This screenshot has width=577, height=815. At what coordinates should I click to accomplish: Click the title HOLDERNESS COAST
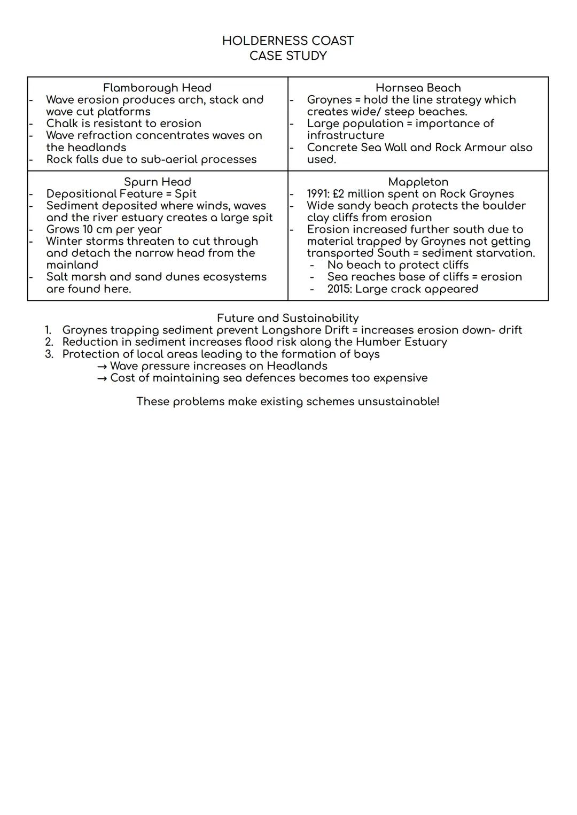click(x=288, y=41)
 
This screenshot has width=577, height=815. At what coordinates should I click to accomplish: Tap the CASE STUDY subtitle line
click(x=288, y=56)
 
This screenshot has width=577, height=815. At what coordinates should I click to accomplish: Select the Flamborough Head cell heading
click(x=157, y=88)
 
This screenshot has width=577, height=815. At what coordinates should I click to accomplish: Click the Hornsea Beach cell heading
click(x=418, y=88)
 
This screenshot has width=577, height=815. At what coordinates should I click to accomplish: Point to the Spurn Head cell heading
click(x=157, y=182)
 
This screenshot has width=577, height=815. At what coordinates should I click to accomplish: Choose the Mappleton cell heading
click(x=418, y=182)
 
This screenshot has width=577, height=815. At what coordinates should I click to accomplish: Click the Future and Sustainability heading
click(x=287, y=319)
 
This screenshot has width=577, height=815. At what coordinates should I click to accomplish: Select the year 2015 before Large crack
click(x=339, y=289)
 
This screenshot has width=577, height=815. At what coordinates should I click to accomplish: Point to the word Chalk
click(x=61, y=123)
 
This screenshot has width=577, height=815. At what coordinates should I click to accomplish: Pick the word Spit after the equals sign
click(x=185, y=194)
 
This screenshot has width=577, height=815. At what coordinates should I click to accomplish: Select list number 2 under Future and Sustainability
click(x=49, y=342)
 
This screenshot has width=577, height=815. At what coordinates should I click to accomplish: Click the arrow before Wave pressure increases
click(x=102, y=366)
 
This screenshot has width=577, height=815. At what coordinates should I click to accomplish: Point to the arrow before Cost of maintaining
click(x=102, y=378)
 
